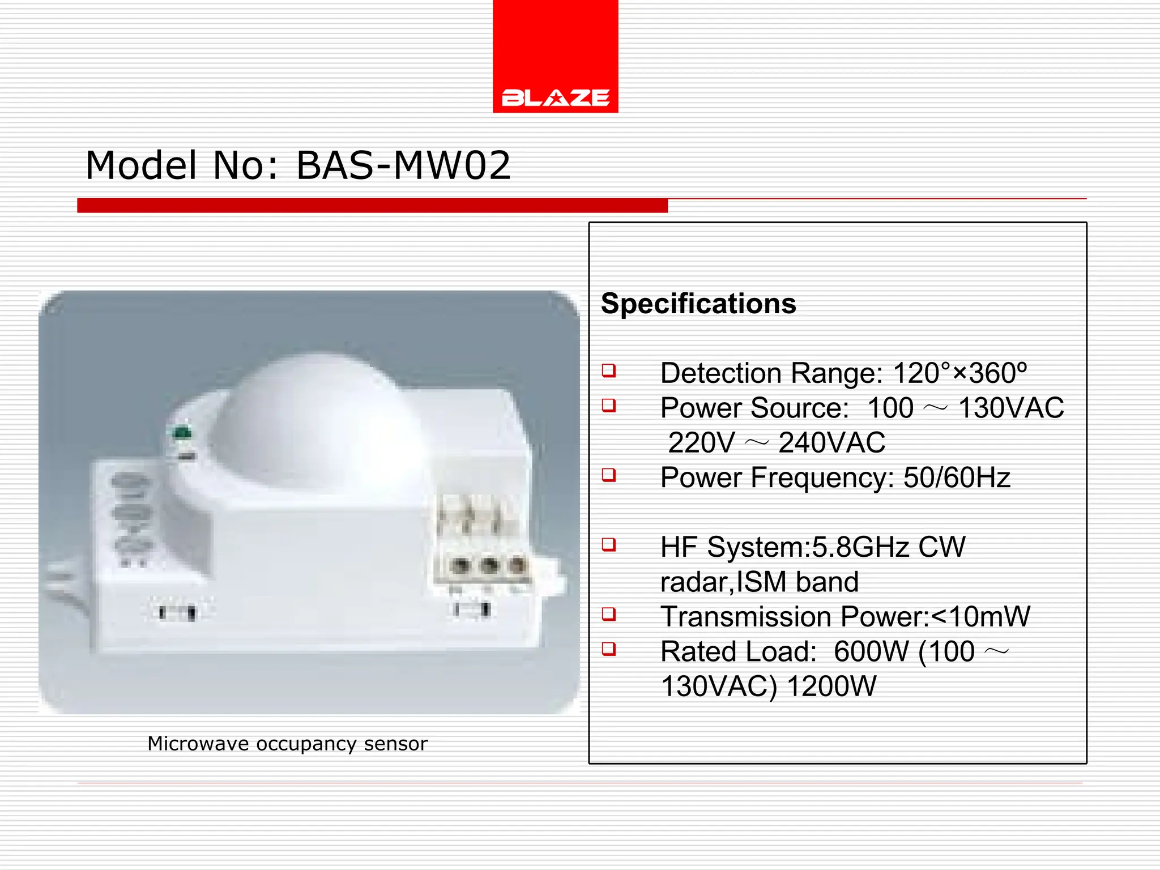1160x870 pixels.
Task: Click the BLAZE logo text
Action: [x=555, y=97]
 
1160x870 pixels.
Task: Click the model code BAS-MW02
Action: [x=403, y=165]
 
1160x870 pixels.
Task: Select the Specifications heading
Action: [x=698, y=304]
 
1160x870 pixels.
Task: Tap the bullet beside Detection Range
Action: [x=609, y=371]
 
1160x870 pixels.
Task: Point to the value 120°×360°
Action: [x=959, y=373]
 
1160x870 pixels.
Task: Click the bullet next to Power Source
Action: [x=609, y=406]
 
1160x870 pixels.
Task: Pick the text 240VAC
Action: [x=831, y=443]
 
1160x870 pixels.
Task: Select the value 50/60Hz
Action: [x=957, y=477]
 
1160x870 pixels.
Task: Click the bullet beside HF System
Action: [x=609, y=545]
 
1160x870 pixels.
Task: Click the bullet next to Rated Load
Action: [x=609, y=649]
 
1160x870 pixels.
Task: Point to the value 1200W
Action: [x=831, y=686]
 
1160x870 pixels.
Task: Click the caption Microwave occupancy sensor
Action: [x=287, y=744]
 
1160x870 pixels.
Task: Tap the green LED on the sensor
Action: [x=182, y=434]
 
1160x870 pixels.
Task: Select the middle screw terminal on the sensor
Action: [x=488, y=565]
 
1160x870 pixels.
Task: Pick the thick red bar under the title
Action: [x=372, y=206]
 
